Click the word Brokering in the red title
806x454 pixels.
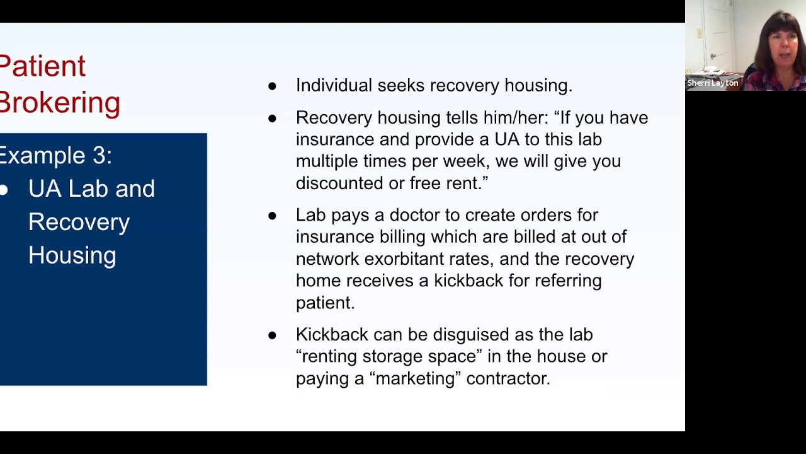click(x=60, y=102)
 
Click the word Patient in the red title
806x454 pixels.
click(x=42, y=67)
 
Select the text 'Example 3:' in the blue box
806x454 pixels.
click(x=55, y=155)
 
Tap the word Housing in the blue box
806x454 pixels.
click(x=72, y=255)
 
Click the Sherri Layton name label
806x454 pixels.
click(x=712, y=83)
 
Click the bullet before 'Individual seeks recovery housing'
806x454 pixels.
click(x=272, y=86)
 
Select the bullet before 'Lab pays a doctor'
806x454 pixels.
click(x=272, y=216)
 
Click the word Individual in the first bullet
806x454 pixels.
click(x=334, y=85)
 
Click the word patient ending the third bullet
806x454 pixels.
click(x=325, y=303)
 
